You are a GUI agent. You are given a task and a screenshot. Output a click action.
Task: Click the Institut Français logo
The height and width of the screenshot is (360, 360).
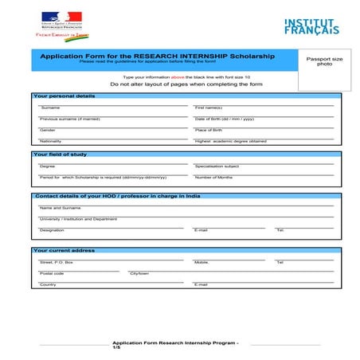pyautogui.click(x=311, y=25)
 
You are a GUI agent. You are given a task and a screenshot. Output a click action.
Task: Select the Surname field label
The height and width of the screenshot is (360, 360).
pyautogui.click(x=49, y=108)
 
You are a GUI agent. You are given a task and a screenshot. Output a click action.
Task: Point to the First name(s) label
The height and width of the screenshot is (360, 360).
pyautogui.click(x=209, y=108)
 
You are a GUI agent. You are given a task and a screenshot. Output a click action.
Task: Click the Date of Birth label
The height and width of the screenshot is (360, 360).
pyautogui.click(x=224, y=119)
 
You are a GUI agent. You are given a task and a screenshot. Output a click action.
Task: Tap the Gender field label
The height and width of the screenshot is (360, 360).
pyautogui.click(x=48, y=130)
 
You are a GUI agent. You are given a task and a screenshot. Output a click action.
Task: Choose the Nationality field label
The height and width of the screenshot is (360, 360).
pyautogui.click(x=50, y=141)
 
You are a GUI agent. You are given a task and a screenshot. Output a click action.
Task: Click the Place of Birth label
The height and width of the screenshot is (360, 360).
pyautogui.click(x=209, y=130)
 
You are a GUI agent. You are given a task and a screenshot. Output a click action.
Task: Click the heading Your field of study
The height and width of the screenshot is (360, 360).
pyautogui.click(x=61, y=155)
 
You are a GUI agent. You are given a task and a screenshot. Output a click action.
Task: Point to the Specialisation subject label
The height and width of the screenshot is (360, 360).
pyautogui.click(x=217, y=166)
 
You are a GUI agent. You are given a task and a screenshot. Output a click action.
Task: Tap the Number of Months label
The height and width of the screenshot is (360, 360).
pyautogui.click(x=213, y=177)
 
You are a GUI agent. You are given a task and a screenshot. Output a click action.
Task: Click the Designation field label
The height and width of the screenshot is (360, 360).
pyautogui.click(x=52, y=230)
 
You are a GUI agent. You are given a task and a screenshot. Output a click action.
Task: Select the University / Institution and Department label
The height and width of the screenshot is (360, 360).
pyautogui.click(x=78, y=218)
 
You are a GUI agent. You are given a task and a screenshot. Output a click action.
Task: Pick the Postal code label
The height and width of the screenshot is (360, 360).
pyautogui.click(x=52, y=273)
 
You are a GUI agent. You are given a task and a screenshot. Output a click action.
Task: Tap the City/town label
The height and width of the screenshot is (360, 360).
pyautogui.click(x=139, y=273)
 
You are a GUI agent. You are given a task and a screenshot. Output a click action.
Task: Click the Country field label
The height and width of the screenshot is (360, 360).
pyautogui.click(x=48, y=284)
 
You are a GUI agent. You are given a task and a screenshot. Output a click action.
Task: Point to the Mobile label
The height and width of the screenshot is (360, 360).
pyautogui.click(x=202, y=262)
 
